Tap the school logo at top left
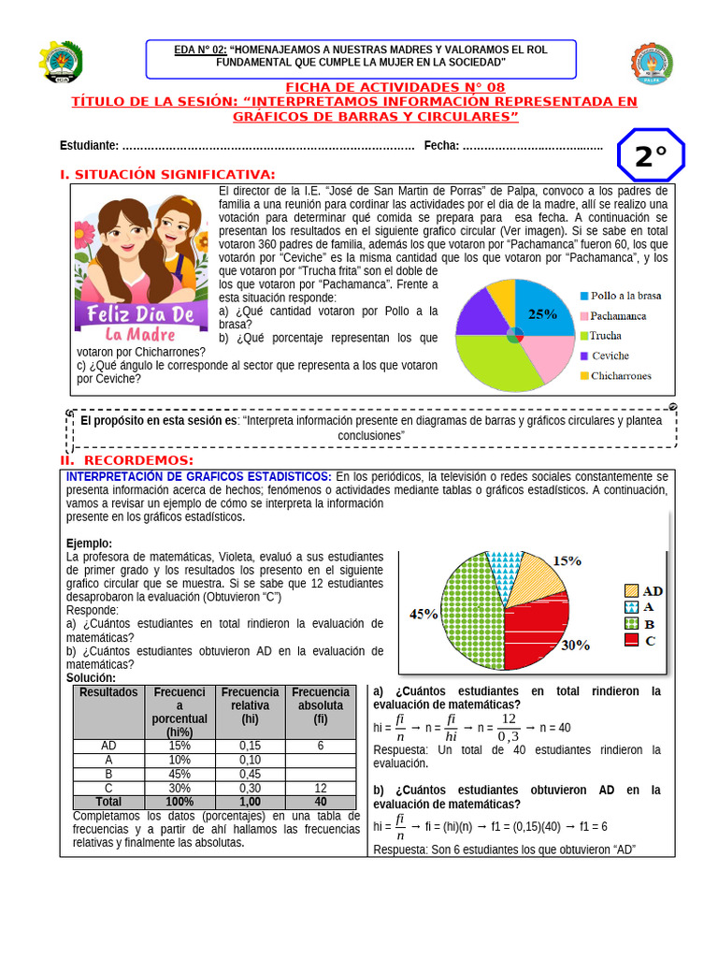pos(60,64)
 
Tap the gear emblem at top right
pos(652,64)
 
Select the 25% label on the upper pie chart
pos(542,314)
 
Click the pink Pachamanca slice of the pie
pos(548,354)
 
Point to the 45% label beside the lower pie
pos(424,615)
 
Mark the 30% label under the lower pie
pos(575,645)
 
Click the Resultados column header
pos(108,692)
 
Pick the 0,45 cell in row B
pos(250,774)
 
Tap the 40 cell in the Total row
pos(321,802)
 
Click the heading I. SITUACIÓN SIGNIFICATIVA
pos(167,175)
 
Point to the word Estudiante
pos(89,145)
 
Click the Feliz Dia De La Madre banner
pos(140,322)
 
